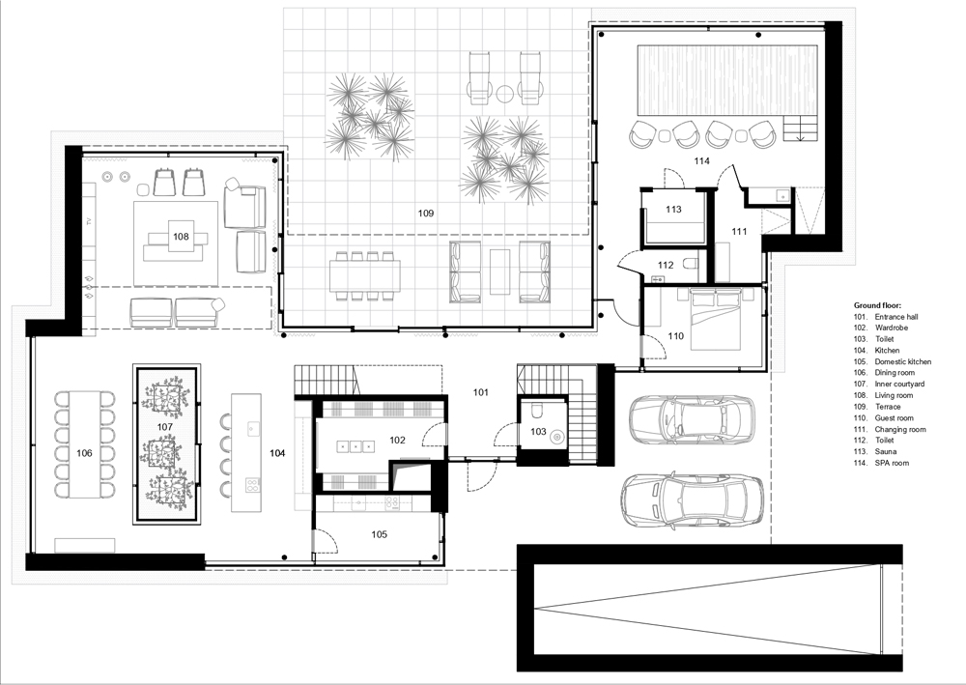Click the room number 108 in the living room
(181, 237)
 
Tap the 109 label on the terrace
(426, 214)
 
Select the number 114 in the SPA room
(701, 161)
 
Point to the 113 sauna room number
(673, 210)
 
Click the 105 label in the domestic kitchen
(379, 534)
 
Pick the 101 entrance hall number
(480, 392)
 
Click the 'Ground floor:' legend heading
(877, 305)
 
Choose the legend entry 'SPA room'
(892, 463)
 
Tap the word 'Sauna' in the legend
(886, 452)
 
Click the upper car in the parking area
(692, 420)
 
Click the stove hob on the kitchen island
(251, 484)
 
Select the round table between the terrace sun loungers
(505, 93)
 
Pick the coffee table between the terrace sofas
(499, 271)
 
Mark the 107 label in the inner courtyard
(164, 426)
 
